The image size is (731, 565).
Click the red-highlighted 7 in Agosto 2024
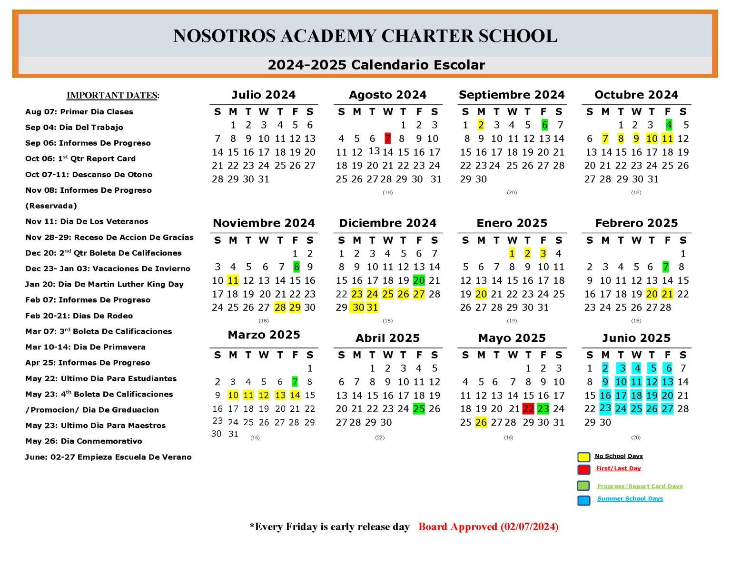click(388, 139)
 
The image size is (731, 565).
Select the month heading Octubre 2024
click(636, 95)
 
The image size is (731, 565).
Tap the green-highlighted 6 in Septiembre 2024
click(544, 125)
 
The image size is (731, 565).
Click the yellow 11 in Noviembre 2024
click(233, 280)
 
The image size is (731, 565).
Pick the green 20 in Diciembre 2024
click(419, 280)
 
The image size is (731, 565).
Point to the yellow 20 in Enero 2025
click(481, 294)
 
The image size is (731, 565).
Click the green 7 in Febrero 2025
click(666, 267)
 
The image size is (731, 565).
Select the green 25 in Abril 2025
click(419, 409)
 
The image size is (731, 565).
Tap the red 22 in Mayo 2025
click(528, 409)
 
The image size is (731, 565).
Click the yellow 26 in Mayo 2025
click(481, 422)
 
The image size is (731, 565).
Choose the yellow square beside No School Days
click(584, 457)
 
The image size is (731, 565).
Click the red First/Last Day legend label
click(618, 468)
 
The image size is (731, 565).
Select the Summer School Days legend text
click(630, 498)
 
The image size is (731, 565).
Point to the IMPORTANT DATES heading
click(113, 95)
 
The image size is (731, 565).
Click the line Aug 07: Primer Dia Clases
click(79, 112)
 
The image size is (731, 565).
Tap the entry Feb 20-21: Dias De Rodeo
click(79, 316)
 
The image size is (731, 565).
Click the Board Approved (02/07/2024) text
click(488, 526)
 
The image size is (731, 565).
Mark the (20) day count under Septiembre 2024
click(512, 192)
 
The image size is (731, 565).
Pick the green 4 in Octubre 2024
click(669, 125)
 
